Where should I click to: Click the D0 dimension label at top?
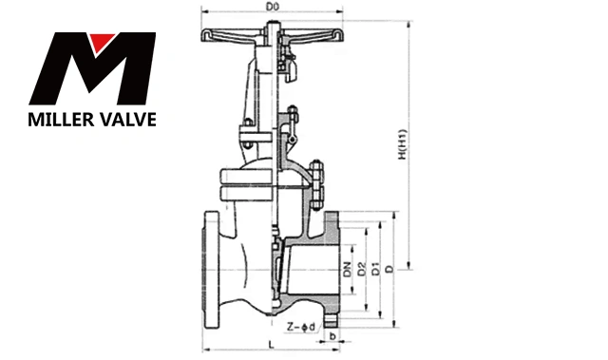[273, 7]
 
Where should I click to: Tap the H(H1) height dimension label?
[403, 144]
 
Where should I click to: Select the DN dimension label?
[348, 270]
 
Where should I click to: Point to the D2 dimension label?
[361, 270]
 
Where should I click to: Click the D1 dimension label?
[376, 270]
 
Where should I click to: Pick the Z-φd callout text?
[301, 327]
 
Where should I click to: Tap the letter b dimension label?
[332, 336]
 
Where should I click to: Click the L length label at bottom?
[272, 344]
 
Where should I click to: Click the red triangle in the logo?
[102, 41]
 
